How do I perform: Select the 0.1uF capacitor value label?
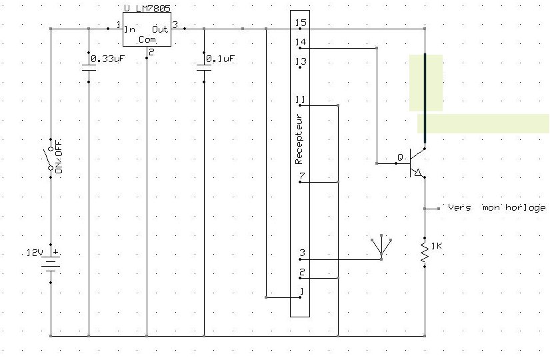click(221, 59)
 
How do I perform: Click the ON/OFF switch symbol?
click(50, 157)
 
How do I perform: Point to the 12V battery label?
click(33, 253)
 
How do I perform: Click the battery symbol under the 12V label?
click(51, 263)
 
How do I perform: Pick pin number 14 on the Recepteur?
click(301, 43)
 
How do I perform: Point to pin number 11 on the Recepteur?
click(301, 100)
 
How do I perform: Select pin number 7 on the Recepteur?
click(302, 177)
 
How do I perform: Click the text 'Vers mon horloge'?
click(497, 207)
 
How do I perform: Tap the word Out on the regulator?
click(160, 29)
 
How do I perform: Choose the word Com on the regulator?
click(146, 40)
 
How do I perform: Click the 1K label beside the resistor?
click(437, 247)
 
